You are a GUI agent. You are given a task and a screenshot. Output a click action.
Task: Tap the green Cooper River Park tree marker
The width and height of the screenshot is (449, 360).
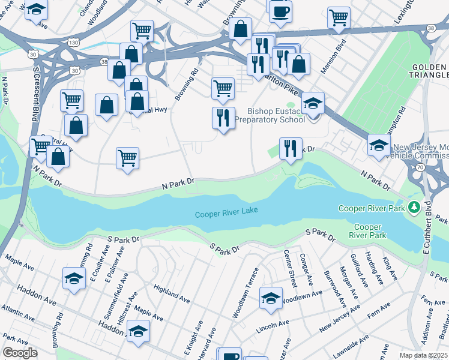tap(413, 208)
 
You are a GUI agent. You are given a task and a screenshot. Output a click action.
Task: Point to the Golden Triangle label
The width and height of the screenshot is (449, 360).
tap(430, 70)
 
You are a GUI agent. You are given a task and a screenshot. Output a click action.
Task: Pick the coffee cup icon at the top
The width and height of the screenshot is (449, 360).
tap(280, 11)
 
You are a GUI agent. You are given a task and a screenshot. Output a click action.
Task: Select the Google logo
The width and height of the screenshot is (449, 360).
tap(20, 353)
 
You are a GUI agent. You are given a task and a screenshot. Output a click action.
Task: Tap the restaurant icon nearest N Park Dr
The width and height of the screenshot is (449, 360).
tap(291, 148)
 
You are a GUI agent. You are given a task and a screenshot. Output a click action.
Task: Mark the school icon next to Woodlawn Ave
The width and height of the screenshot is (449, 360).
tap(271, 298)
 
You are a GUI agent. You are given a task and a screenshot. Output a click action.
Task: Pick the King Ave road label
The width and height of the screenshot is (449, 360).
tap(390, 268)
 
